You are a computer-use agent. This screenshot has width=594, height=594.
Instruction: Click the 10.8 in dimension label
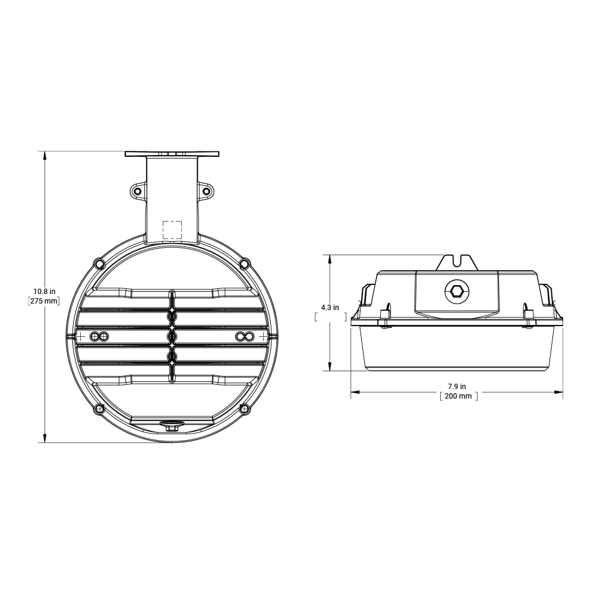pyautogui.click(x=44, y=291)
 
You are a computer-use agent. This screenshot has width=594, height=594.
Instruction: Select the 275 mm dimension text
pyautogui.click(x=44, y=301)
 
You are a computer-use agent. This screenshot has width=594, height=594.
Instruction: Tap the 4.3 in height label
pyautogui.click(x=330, y=307)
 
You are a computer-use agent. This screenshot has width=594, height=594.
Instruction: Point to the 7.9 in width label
pyautogui.click(x=457, y=386)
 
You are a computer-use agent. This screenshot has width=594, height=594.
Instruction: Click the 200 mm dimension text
pyautogui.click(x=458, y=396)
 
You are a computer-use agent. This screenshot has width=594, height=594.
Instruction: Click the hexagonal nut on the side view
pyautogui.click(x=457, y=291)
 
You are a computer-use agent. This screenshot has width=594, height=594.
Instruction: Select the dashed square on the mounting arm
pyautogui.click(x=172, y=230)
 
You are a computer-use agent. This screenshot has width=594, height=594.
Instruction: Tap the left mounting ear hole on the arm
pyautogui.click(x=137, y=191)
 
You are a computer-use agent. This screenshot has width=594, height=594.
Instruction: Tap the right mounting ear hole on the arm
pyautogui.click(x=207, y=191)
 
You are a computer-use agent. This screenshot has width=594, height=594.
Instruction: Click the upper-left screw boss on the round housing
pyautogui.click(x=100, y=263)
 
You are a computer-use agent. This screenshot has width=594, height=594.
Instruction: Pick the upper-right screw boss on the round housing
pyautogui.click(x=244, y=263)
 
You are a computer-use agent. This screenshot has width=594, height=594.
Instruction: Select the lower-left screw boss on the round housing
pyautogui.click(x=100, y=409)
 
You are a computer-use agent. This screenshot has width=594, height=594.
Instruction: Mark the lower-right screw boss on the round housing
pyautogui.click(x=244, y=409)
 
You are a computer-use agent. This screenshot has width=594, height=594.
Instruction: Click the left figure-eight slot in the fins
pyautogui.click(x=99, y=337)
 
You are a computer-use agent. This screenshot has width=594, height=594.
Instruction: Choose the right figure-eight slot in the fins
pyautogui.click(x=245, y=337)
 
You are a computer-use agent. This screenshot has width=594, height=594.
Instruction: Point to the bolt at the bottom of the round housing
pyautogui.click(x=172, y=426)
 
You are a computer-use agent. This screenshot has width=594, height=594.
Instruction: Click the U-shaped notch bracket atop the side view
pyautogui.click(x=457, y=262)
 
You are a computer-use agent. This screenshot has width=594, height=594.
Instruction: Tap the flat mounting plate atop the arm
pyautogui.click(x=172, y=154)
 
